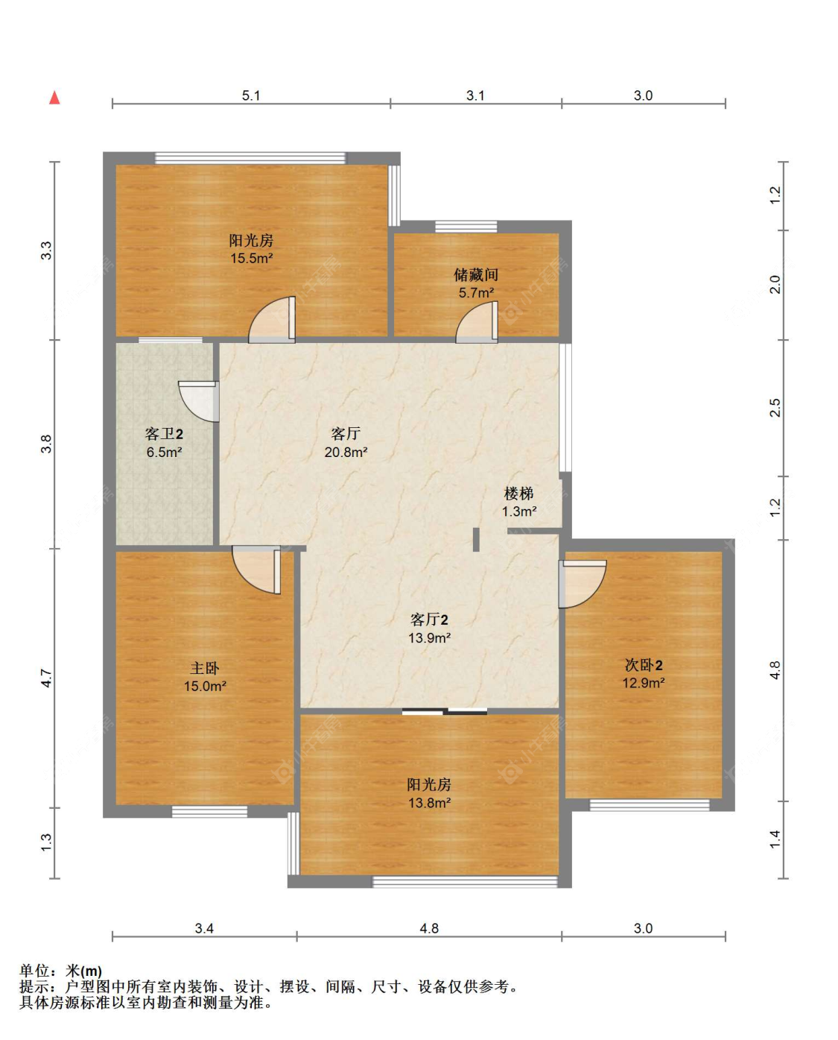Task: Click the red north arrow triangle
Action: (54, 98)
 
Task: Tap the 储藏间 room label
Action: (476, 275)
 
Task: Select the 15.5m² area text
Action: (252, 258)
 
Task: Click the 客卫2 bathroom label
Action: (164, 434)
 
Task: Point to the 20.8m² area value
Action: (346, 453)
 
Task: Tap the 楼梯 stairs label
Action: (518, 494)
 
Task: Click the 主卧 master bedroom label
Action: (205, 669)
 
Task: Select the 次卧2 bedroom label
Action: (644, 665)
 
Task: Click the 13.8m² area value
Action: (429, 803)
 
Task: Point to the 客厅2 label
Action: (429, 620)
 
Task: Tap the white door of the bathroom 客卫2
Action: (198, 402)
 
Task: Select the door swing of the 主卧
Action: (256, 570)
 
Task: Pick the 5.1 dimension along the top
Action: (251, 95)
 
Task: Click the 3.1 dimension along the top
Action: (475, 95)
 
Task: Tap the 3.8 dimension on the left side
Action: (46, 444)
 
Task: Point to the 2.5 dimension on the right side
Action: (775, 407)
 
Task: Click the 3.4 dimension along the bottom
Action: (204, 928)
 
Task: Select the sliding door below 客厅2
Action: (445, 711)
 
